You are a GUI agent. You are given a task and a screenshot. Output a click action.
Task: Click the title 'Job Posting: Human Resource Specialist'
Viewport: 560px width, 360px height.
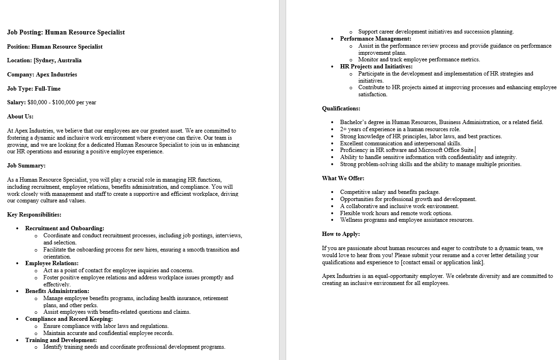pos(66,33)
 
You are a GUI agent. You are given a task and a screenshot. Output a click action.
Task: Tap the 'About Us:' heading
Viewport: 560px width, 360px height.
pos(20,117)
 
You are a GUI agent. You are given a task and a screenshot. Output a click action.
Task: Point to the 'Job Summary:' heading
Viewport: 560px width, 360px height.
pos(26,166)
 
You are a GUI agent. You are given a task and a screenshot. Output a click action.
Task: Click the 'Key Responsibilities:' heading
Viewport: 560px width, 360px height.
pos(34,215)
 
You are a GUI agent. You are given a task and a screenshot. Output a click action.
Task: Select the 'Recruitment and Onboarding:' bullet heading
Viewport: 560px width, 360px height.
pos(65,228)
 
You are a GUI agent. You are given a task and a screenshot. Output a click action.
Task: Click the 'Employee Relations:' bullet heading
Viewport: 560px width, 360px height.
pos(52,263)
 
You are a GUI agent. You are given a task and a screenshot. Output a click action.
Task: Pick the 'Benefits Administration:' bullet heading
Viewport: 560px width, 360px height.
pos(57,291)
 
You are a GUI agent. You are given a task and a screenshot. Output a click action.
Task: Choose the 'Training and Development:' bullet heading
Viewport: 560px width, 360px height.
pos(61,340)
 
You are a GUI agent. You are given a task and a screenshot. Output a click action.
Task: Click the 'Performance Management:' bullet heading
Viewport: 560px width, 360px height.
pos(375,39)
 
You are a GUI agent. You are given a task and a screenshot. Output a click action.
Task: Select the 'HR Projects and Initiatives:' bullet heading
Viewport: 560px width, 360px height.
pos(376,67)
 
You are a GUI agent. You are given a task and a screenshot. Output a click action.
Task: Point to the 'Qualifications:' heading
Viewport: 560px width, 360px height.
pos(341,109)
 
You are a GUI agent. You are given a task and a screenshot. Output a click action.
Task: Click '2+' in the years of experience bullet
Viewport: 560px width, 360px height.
pos(344,129)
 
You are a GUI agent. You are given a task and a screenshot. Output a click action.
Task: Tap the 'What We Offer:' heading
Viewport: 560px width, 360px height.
pos(343,178)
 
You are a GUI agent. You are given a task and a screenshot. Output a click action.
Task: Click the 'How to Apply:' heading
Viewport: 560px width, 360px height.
pos(341,234)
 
